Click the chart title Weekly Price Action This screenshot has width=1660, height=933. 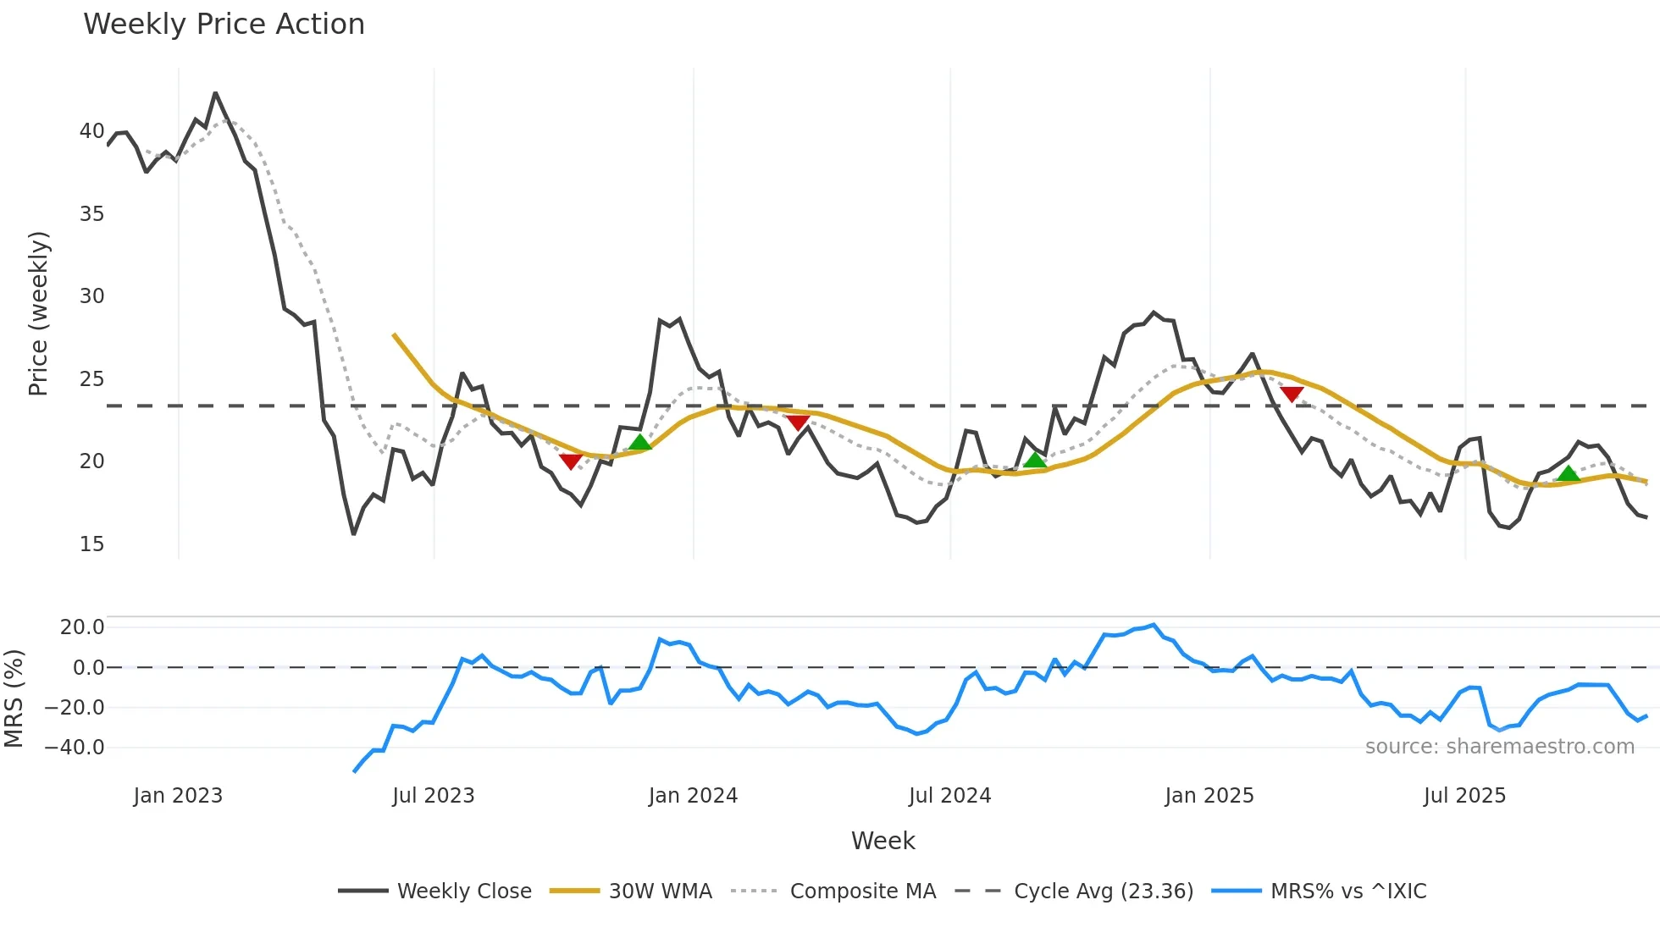(x=224, y=25)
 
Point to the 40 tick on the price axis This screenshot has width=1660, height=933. (x=91, y=131)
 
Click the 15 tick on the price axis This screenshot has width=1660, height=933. (x=91, y=544)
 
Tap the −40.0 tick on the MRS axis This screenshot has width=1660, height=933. (x=75, y=748)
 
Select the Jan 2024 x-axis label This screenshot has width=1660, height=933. (x=693, y=796)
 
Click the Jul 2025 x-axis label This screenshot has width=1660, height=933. (x=1464, y=796)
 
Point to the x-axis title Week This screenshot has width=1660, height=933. (x=883, y=841)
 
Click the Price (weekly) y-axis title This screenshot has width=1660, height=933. (x=38, y=313)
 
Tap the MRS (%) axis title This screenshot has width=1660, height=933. (x=14, y=698)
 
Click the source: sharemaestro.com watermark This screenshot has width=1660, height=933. (x=1499, y=747)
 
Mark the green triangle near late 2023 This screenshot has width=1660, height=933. (x=640, y=442)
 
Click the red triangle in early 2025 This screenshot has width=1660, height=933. (x=1292, y=394)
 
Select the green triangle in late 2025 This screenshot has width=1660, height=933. (x=1569, y=473)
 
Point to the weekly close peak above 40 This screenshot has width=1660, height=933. (x=215, y=93)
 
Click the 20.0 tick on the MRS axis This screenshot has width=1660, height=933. (x=82, y=627)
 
